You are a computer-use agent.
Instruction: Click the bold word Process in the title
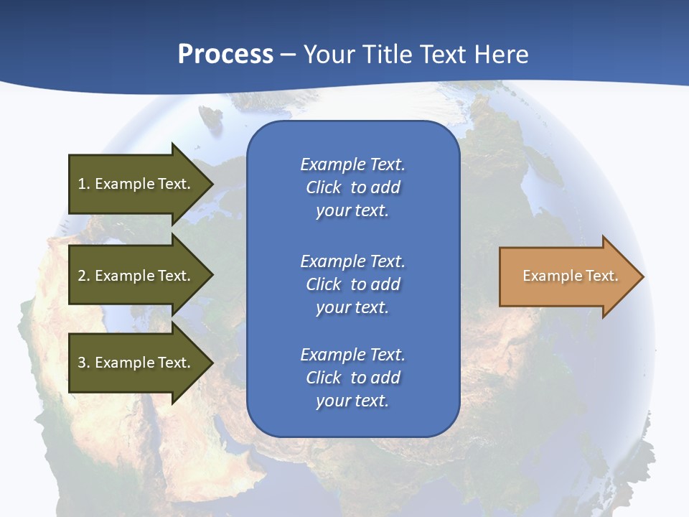click(x=225, y=55)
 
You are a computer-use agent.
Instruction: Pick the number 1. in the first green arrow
click(x=84, y=184)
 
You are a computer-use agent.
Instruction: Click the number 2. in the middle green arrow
click(x=84, y=276)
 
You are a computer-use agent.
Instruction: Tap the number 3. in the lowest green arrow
click(x=84, y=363)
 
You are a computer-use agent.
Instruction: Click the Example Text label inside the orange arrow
click(x=570, y=276)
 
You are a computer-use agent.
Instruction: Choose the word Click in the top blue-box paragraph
click(x=323, y=187)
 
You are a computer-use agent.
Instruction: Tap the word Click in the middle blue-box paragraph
click(x=323, y=284)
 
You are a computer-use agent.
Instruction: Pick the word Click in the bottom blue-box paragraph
click(x=323, y=378)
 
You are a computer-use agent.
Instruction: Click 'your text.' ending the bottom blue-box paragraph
click(x=352, y=401)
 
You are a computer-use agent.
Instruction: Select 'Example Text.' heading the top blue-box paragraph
click(x=352, y=164)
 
